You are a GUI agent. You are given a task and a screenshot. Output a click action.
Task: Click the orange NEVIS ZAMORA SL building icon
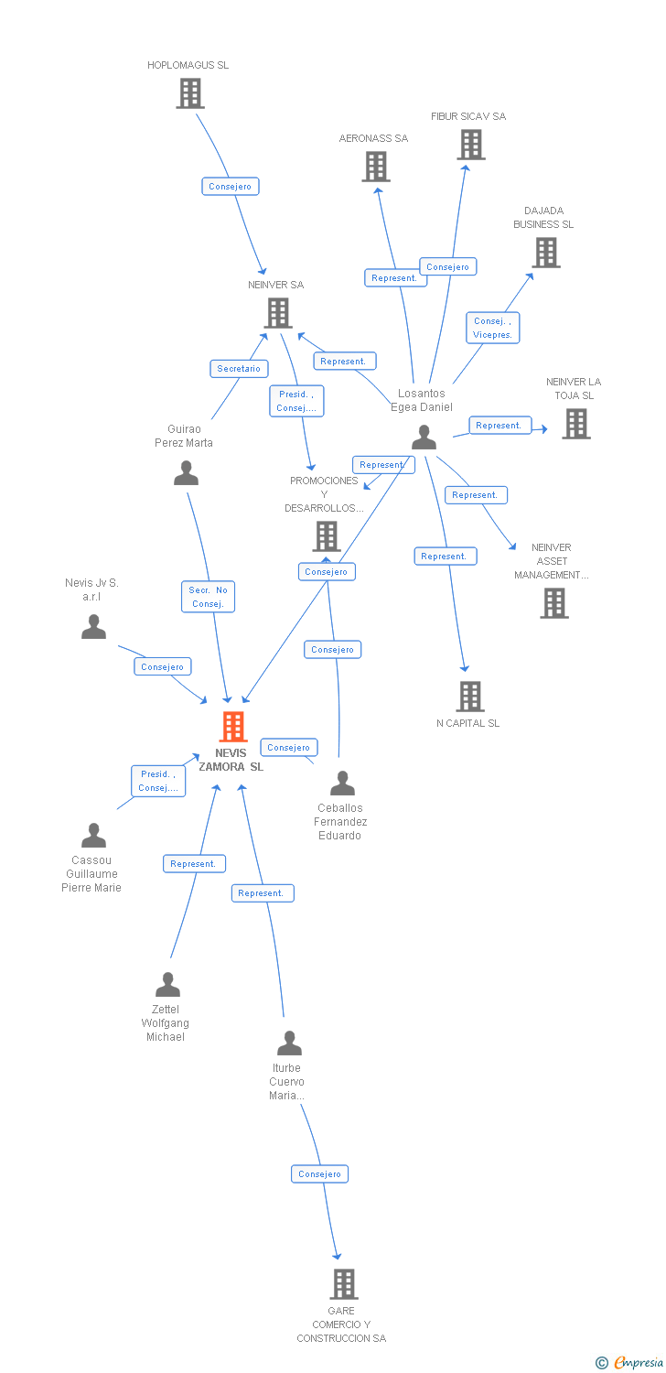tap(233, 727)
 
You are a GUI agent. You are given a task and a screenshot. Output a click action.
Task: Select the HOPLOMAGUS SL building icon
tap(189, 93)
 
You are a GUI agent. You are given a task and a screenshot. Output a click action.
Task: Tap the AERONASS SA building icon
tap(376, 167)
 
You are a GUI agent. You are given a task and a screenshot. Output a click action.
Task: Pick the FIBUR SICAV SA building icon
tap(470, 145)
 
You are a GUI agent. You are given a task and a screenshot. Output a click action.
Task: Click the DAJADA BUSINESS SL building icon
tap(546, 253)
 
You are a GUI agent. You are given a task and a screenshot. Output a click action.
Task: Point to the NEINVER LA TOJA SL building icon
tap(575, 424)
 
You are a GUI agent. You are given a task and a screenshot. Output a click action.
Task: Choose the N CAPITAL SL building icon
tap(469, 697)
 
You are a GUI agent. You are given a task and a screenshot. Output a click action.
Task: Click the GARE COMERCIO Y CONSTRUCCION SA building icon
tap(343, 1284)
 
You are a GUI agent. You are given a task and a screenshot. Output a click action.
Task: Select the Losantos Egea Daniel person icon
tap(424, 438)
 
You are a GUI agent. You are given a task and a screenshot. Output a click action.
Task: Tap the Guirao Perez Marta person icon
tap(186, 473)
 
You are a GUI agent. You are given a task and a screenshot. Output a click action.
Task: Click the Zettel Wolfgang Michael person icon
tap(167, 985)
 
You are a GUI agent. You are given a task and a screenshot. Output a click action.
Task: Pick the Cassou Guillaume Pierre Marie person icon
tap(93, 836)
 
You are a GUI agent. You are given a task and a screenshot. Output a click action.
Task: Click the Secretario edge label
tap(239, 369)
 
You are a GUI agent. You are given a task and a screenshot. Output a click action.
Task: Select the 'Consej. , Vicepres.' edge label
tap(492, 328)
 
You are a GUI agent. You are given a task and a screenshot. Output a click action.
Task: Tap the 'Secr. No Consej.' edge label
tap(208, 597)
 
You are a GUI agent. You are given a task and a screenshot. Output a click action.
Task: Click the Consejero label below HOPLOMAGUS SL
tap(230, 187)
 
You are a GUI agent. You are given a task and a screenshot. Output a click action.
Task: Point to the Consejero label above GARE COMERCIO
tap(319, 1173)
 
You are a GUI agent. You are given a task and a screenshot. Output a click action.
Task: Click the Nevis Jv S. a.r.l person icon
tap(93, 627)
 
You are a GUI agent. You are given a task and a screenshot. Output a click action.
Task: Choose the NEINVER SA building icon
tap(277, 313)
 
